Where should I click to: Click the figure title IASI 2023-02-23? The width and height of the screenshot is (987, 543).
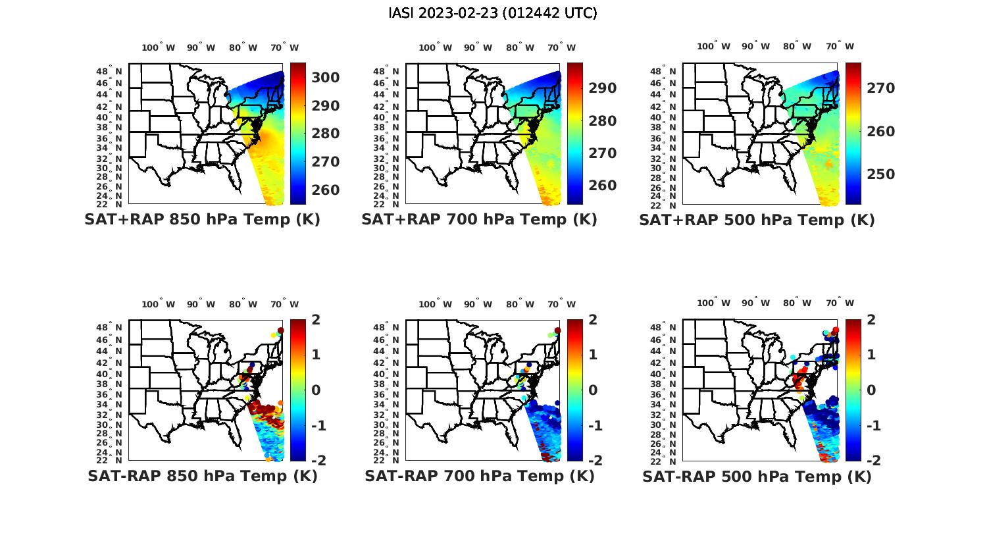(493, 13)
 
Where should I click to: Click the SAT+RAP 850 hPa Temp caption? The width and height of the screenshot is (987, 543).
(202, 219)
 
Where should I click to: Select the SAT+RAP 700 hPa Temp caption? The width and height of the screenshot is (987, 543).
(479, 219)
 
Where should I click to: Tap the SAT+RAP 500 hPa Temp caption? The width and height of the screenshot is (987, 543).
(757, 220)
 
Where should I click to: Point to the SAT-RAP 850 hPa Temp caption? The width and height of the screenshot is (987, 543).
(202, 476)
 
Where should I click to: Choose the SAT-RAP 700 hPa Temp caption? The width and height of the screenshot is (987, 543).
(479, 476)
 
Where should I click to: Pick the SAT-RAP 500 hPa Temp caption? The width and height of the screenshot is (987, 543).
(757, 477)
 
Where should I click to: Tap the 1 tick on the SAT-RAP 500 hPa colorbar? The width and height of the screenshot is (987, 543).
(871, 355)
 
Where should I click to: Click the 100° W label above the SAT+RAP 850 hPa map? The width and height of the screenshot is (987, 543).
(158, 47)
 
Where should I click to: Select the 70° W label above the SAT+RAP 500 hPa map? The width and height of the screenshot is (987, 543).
(840, 46)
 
